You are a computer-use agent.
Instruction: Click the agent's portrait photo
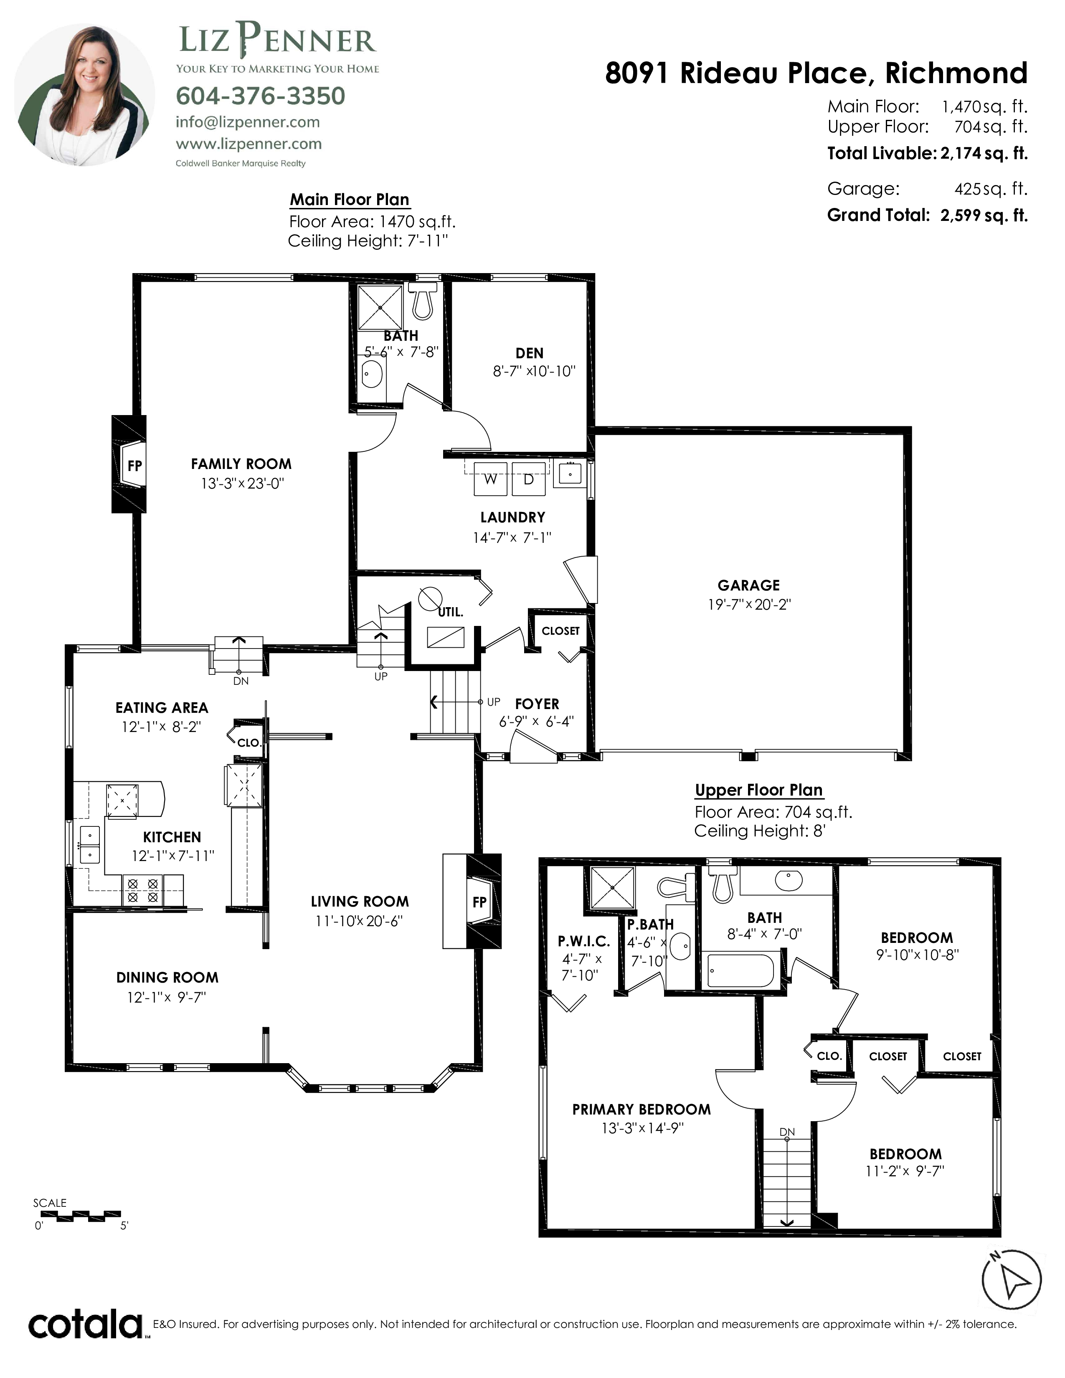84,95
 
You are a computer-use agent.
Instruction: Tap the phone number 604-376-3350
261,96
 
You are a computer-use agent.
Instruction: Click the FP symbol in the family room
129,464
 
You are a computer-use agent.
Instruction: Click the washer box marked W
490,479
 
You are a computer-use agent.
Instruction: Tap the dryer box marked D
529,479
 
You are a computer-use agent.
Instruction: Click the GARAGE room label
748,585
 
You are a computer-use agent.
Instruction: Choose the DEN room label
529,353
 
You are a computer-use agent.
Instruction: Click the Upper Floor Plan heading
758,790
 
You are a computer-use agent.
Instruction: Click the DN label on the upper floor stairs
787,1132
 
